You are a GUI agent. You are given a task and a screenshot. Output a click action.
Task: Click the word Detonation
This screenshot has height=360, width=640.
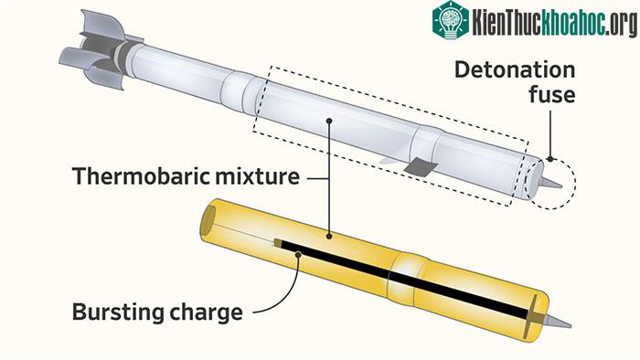coord(515,69)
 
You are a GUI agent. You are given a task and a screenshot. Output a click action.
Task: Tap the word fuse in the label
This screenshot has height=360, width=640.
coord(552,95)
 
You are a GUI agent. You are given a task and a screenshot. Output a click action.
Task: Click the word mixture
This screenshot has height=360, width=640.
coord(257,176)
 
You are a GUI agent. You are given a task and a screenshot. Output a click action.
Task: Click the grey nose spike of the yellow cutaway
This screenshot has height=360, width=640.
coord(559,322)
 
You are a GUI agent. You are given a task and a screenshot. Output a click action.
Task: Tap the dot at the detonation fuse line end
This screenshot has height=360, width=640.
coord(550,159)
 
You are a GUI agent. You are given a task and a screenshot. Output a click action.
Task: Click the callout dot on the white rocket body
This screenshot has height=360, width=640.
coord(329,121)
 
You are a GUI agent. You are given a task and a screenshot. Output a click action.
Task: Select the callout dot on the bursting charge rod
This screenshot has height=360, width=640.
coord(298,255)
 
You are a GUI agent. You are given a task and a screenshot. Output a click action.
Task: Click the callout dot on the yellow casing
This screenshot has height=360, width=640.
coord(329,236)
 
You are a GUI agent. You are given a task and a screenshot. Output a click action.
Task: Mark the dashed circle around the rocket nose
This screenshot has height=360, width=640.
coord(575,183)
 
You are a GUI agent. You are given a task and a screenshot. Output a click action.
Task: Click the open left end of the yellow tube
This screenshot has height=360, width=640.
coord(208,220)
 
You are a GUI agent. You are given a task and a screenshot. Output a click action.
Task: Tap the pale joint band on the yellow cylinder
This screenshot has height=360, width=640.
coord(406,278)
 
